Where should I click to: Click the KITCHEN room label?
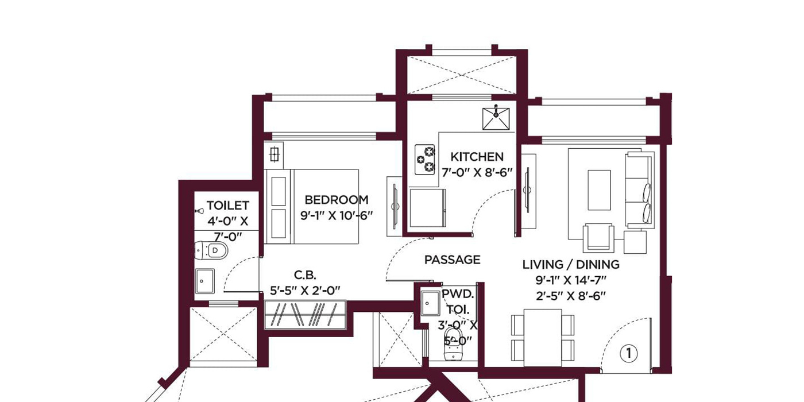pos(477,157)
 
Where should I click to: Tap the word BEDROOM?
pos(337,200)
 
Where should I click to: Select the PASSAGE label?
pos(453,260)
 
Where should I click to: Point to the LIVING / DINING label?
pos(571,265)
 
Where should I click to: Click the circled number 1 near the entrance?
pos(628,353)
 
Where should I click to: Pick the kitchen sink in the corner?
pos(496,118)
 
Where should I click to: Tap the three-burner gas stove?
pos(425,160)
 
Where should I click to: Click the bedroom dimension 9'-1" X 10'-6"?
pos(337,216)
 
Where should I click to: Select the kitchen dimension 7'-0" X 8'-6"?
pos(477,173)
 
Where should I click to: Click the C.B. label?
pos(305,275)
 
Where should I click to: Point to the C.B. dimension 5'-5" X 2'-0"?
pos(305,291)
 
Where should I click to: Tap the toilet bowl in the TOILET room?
pos(211,250)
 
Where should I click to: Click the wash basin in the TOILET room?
pos(204,281)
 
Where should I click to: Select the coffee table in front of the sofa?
pos(599,190)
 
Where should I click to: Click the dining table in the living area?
pos(543,338)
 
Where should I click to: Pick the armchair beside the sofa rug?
pos(598,237)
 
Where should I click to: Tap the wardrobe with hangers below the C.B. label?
pos(306,315)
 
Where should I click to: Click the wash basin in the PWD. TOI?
pos(430,303)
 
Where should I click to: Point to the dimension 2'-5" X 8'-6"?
pos(571,296)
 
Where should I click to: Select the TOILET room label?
pos(227,206)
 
